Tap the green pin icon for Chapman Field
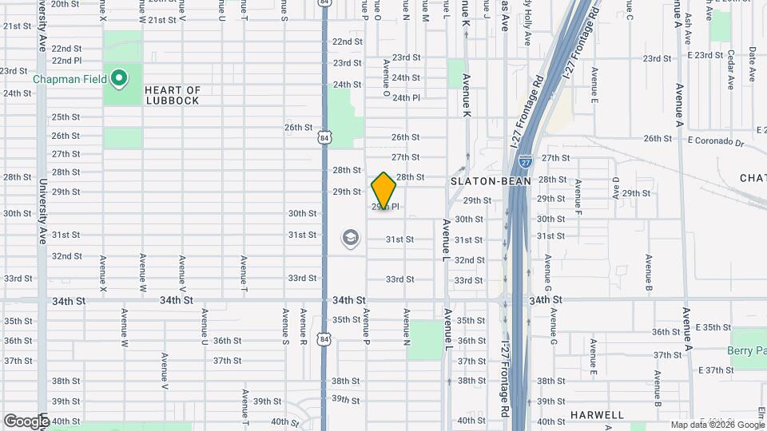[x=119, y=78]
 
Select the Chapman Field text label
[x=70, y=79]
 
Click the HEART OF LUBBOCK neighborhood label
[x=173, y=96]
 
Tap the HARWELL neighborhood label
[x=597, y=415]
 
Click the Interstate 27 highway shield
[x=525, y=161]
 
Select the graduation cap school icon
[x=350, y=237]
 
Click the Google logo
[x=26, y=421]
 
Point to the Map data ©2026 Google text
[x=717, y=425]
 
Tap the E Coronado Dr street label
[x=714, y=143]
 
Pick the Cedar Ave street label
[x=730, y=65]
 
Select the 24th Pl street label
[x=406, y=97]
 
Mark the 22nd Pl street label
[x=66, y=60]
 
